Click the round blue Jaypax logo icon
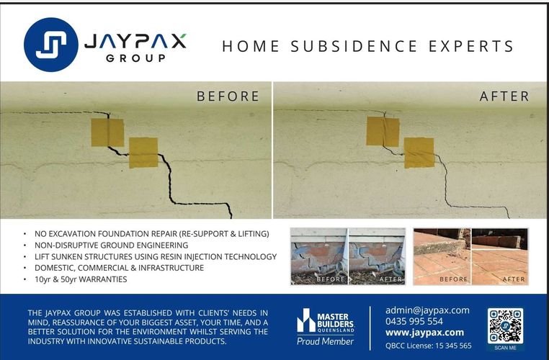[51, 45]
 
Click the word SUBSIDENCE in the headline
[354, 46]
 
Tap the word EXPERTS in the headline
[471, 46]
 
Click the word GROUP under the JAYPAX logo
[135, 58]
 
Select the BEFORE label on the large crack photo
[228, 96]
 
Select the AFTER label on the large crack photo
[504, 96]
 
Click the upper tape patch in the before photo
[107, 132]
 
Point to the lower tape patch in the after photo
[419, 153]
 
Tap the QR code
[505, 326]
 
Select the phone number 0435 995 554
[414, 321]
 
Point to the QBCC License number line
[428, 346]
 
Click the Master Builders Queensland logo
[325, 320]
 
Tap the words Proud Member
[325, 341]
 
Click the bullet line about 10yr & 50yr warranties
[81, 279]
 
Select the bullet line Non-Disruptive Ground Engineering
[111, 246]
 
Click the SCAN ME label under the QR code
[505, 348]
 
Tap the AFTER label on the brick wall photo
[390, 279]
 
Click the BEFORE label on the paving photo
[453, 279]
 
